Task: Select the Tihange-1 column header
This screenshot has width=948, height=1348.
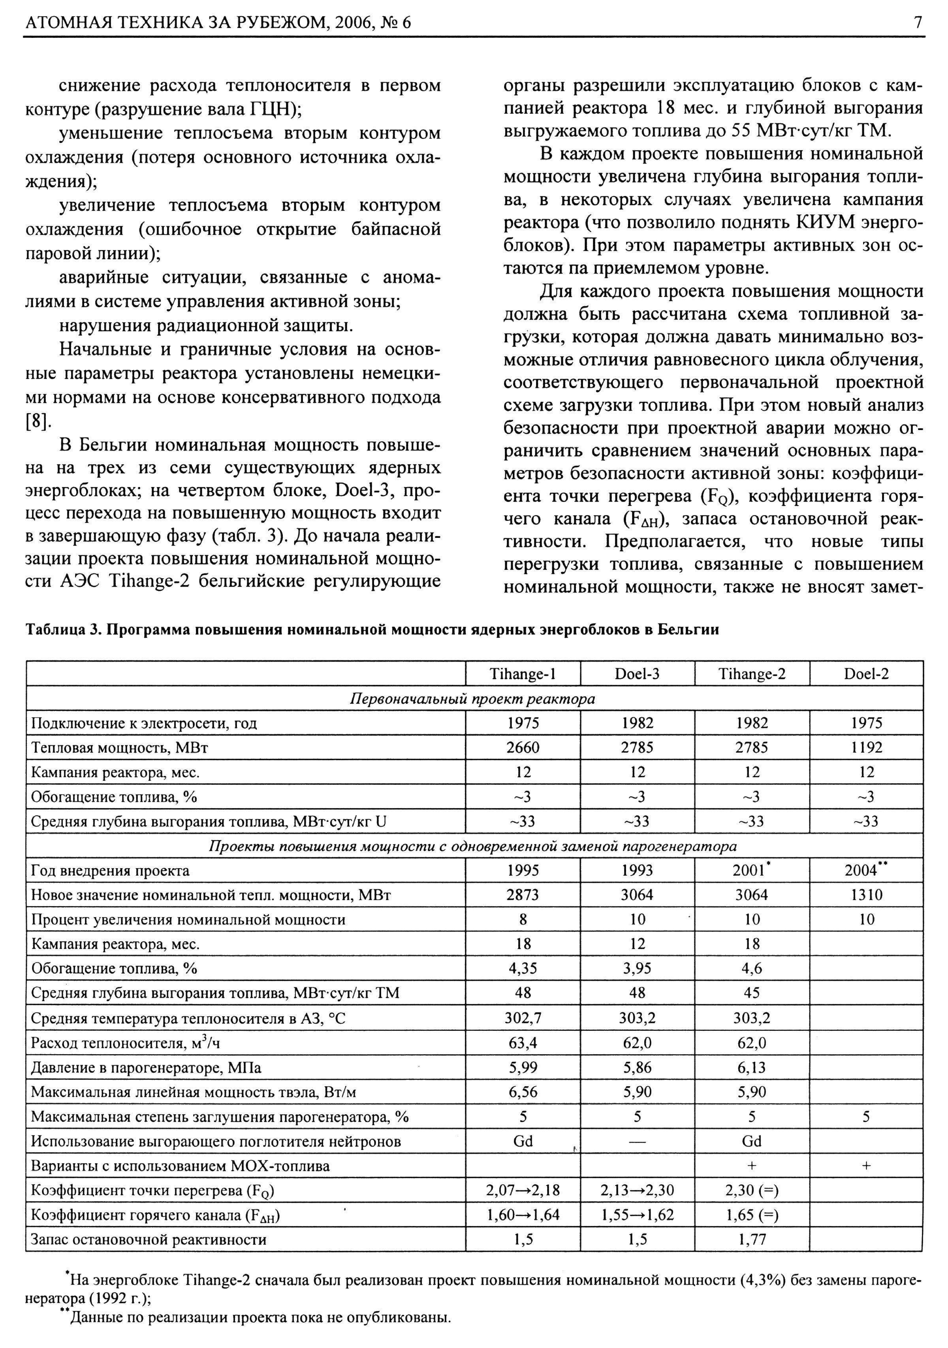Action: point(523,674)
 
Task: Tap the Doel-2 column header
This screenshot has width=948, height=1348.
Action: point(866,674)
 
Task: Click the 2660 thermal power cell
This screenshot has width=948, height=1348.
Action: point(523,747)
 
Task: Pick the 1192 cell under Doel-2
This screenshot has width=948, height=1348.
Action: point(866,747)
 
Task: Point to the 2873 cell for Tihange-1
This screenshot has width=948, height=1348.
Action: point(523,895)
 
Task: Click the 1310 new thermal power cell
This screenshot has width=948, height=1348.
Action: point(866,895)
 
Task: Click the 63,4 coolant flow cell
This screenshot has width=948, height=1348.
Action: point(523,1043)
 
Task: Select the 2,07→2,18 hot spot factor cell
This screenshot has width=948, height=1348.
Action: point(523,1190)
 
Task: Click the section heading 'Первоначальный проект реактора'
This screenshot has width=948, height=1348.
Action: point(472,699)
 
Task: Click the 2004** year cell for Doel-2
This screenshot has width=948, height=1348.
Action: point(866,870)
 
